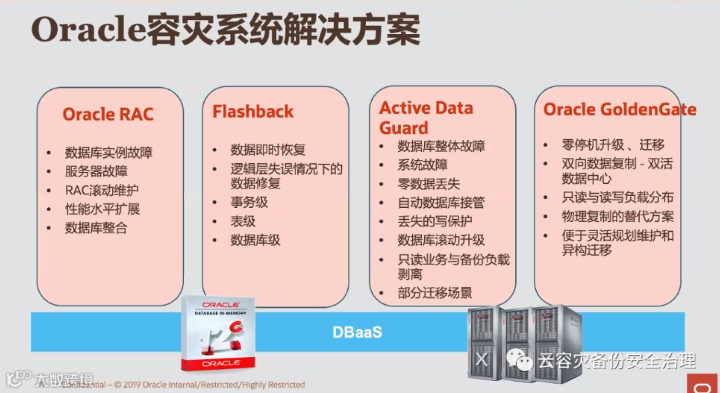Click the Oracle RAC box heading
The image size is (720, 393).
108,114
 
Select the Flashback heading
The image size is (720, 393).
253,111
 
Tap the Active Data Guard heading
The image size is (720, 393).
426,117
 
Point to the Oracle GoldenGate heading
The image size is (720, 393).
619,109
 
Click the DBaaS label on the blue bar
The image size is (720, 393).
357,332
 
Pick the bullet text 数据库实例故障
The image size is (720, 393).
109,153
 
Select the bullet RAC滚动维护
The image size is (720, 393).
102,191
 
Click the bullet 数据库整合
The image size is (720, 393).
96,228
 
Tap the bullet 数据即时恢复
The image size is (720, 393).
268,150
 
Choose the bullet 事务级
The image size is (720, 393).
249,202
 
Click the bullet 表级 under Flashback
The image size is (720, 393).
243,221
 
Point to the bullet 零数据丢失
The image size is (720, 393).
429,184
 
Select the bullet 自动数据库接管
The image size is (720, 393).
441,202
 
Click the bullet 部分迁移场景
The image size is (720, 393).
435,292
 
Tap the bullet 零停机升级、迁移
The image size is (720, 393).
613,145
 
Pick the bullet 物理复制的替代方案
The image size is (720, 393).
617,216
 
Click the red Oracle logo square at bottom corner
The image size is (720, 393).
703,384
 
